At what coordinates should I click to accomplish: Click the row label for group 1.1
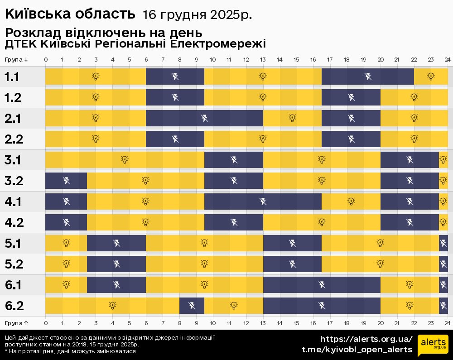pos(12,77)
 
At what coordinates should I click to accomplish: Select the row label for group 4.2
pos(14,222)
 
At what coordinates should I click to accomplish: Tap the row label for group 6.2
pos(14,306)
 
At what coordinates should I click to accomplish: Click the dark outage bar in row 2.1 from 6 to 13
pos(204,119)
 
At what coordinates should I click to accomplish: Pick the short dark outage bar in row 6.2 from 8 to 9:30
pos(192,306)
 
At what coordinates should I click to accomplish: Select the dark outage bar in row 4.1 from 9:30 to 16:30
pos(263,202)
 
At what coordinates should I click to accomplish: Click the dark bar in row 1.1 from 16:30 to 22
pos(368,77)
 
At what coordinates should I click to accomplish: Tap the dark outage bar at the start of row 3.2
pos(66,181)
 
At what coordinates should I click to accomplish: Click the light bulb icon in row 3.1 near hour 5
pos(125,160)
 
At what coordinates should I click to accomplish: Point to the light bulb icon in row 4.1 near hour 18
pos(351,202)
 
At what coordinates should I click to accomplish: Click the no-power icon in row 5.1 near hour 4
pos(116,244)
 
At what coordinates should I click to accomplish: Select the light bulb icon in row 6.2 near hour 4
pos(112,306)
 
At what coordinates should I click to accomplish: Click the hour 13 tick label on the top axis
pos(263,60)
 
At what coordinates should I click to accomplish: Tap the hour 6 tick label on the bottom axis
pos(146,323)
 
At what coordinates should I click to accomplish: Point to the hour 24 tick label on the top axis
pos(447,60)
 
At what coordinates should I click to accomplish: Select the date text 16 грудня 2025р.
pos(197,15)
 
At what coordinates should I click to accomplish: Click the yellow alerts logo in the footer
pos(433,346)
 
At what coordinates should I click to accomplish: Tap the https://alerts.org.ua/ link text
pos(366,339)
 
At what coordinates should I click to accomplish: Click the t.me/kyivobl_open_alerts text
pos(357,350)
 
